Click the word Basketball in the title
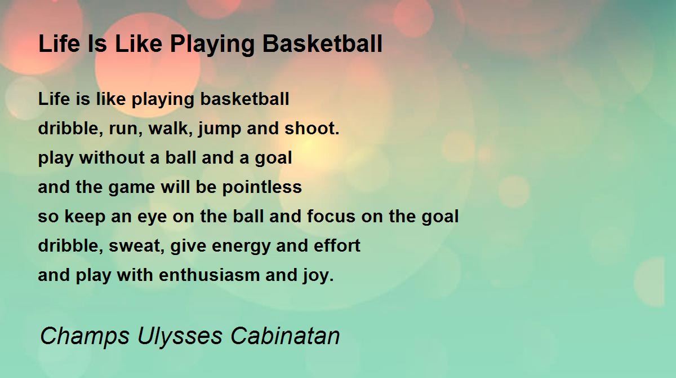[322, 44]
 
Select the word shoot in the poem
[312, 128]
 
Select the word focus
[331, 216]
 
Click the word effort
[337, 245]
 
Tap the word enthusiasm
[209, 275]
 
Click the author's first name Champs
[84, 336]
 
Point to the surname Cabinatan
[285, 335]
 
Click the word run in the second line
[126, 129]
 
